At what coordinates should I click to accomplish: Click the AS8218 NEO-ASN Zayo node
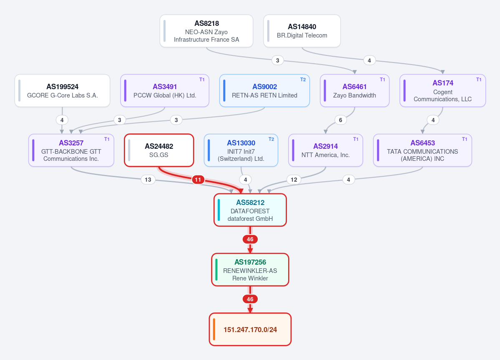206,31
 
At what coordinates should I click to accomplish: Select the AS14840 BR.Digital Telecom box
302,31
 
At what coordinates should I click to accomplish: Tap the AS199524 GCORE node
63,90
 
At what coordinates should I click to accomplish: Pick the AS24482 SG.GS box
159,150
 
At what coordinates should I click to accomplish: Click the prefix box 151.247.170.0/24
250,330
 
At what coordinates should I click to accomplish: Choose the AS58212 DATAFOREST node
250,210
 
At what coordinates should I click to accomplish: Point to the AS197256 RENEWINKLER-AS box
250,270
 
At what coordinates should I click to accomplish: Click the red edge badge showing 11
198,180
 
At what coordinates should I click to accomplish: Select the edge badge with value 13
148,180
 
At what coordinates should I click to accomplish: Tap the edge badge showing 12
294,180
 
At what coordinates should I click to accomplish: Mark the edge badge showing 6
341,120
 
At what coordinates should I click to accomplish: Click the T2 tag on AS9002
303,80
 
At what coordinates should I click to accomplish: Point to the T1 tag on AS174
479,80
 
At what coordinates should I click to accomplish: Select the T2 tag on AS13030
271,139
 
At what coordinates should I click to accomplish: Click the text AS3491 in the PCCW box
165,87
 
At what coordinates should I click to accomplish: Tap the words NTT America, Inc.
326,155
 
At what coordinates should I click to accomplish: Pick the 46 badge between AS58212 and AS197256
250,239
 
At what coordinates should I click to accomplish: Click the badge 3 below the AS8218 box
278,60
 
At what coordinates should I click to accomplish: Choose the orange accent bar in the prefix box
214,330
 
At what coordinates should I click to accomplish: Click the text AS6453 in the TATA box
423,143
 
